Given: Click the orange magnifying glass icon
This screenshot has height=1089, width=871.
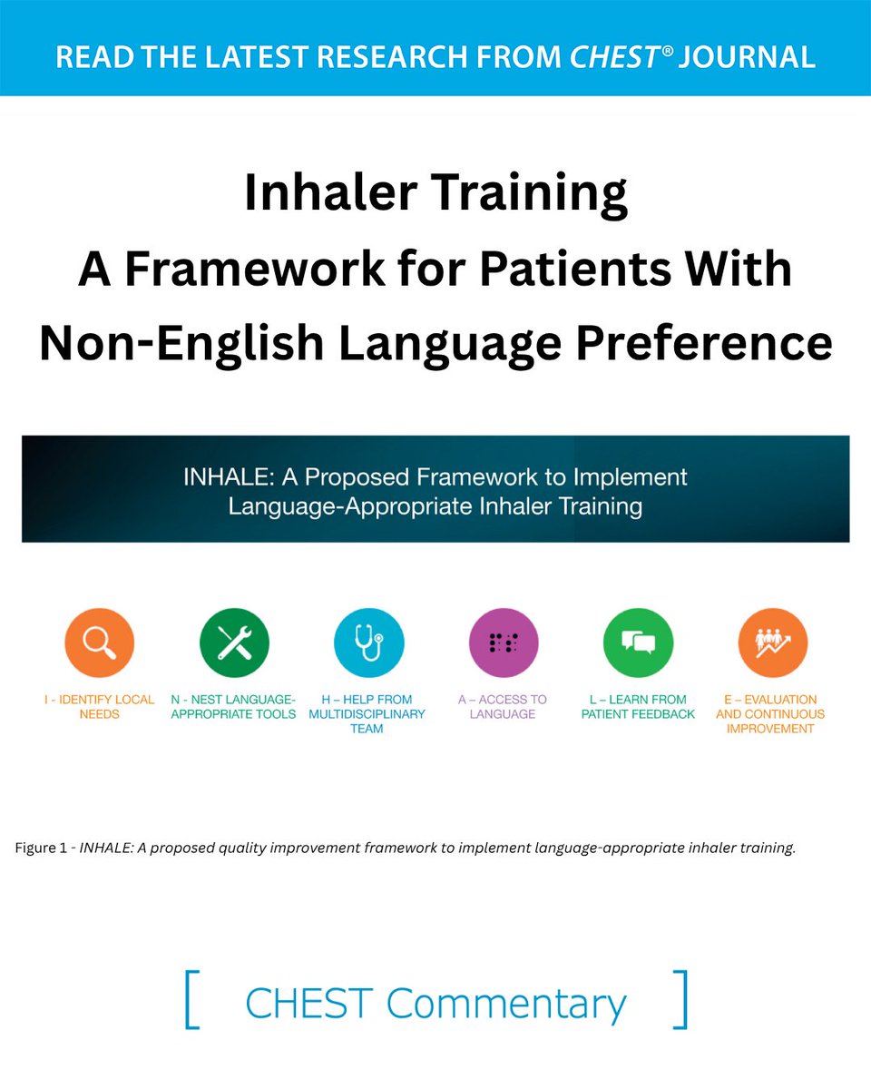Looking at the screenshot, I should [x=99, y=643].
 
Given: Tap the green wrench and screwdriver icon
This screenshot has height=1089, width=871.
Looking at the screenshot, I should [x=234, y=643].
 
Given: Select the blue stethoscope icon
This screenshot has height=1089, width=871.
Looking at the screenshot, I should [x=368, y=643].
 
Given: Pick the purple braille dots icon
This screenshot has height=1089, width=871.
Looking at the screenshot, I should [x=503, y=643].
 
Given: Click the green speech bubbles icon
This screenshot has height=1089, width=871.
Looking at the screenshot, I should [x=638, y=643].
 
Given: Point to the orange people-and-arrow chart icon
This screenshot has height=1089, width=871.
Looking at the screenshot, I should [x=772, y=643].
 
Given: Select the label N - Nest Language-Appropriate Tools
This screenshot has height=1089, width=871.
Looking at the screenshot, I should [x=234, y=706].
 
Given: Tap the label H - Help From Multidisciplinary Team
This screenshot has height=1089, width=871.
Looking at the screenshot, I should [x=367, y=713].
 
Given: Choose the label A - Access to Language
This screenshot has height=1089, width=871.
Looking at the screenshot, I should [x=503, y=706].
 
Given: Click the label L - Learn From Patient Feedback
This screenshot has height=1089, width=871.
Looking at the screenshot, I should [x=638, y=706].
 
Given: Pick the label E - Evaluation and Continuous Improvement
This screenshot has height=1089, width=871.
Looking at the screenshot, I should [x=770, y=713].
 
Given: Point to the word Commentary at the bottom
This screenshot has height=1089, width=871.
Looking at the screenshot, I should [x=506, y=1004].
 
